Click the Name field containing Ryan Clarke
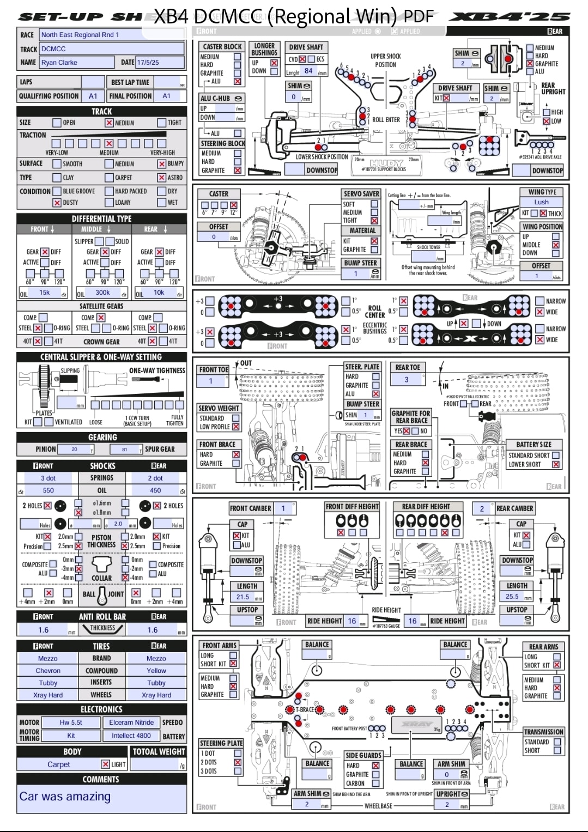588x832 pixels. [112, 63]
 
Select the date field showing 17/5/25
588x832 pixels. [160, 63]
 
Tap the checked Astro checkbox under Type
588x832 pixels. [162, 178]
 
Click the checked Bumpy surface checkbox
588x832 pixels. [162, 164]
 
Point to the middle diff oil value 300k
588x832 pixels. [102, 293]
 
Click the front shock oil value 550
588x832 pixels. [49, 490]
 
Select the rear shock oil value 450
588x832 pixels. [155, 490]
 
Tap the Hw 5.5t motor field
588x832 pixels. [71, 722]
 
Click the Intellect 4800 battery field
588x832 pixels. [131, 736]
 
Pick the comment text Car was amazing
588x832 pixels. [65, 797]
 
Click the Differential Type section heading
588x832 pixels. [101, 218]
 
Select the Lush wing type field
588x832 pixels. [541, 202]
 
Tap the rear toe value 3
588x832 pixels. [407, 380]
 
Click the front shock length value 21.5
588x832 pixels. [243, 597]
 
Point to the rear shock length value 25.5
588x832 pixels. [512, 597]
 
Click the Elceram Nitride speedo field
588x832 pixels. [131, 722]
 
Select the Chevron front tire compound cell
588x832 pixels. [48, 671]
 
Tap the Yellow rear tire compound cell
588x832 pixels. [156, 671]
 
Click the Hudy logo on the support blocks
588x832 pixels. [386, 163]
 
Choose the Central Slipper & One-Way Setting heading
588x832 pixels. [101, 357]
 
